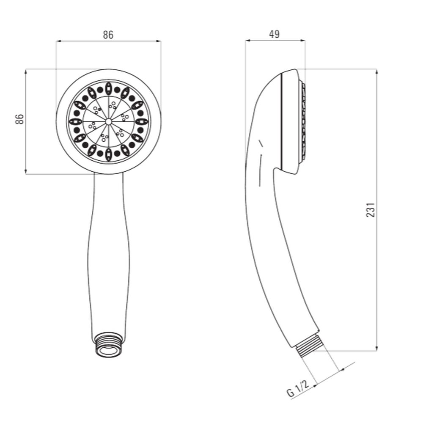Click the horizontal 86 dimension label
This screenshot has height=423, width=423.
coord(108,35)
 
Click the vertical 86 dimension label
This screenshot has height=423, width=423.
coord(20,119)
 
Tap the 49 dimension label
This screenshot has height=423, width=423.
coord(275,34)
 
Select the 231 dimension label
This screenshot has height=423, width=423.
coord(371,210)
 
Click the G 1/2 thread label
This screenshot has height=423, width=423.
coord(297,388)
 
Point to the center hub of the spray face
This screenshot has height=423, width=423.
coord(108,122)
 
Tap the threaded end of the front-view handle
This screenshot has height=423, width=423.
coord(108,344)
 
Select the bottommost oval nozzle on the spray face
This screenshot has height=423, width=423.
coord(108,155)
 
